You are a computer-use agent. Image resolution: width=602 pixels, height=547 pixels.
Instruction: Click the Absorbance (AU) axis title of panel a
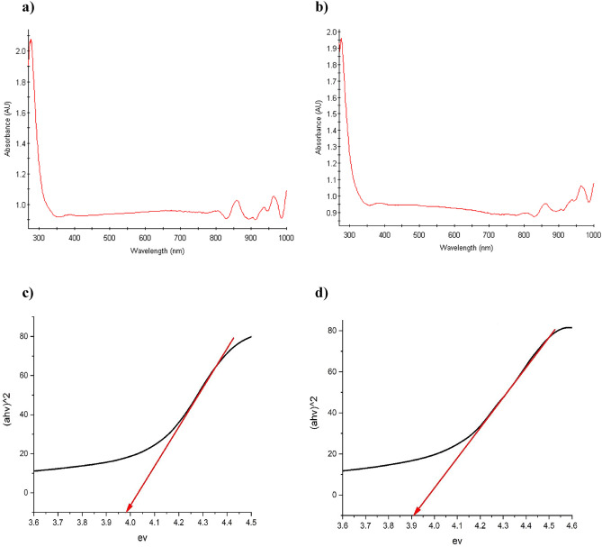(7, 130)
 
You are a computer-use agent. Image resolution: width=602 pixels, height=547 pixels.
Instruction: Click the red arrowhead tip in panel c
(127, 511)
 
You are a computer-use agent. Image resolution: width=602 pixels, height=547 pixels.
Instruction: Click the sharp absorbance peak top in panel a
(31, 40)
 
